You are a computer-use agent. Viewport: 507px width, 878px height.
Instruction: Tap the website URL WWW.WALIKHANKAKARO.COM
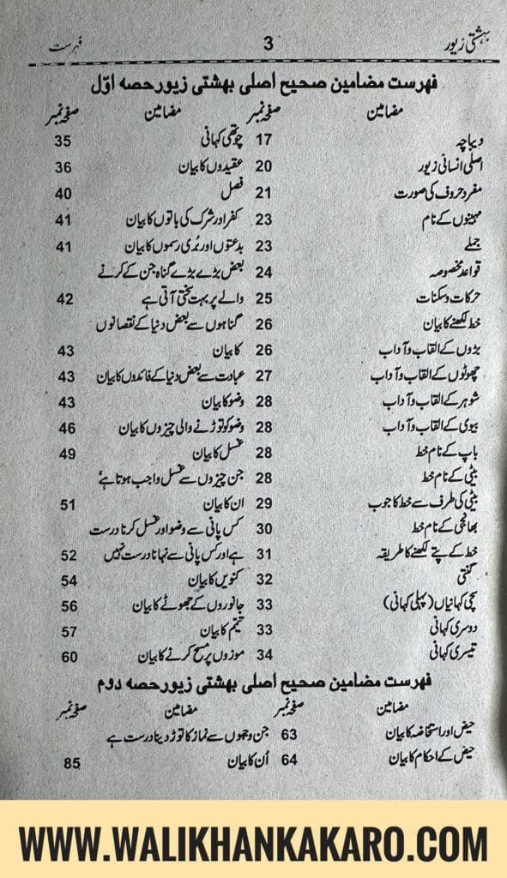[x=253, y=841]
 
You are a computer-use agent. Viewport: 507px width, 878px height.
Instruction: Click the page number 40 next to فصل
[x=64, y=193]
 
